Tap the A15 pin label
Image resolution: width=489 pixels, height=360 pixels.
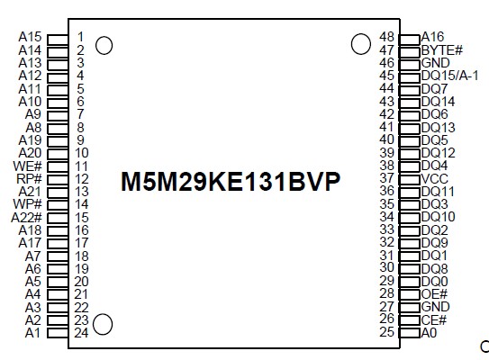(30, 37)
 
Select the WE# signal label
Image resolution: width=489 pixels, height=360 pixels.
(28, 166)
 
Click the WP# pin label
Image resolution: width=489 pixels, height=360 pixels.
(28, 205)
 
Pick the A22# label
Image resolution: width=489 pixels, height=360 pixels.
(26, 218)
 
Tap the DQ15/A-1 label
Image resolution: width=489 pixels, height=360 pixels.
(455, 76)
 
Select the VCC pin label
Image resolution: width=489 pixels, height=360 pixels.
(437, 179)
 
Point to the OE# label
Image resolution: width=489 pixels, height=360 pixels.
(435, 294)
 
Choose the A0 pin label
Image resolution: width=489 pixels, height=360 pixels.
(430, 333)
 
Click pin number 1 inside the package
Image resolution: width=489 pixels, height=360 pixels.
(81, 37)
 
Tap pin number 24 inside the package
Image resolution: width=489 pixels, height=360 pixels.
(81, 333)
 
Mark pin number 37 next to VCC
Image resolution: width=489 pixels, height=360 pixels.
(387, 179)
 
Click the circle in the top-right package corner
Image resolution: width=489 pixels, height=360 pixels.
(360, 43)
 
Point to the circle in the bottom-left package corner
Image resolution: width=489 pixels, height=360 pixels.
(104, 325)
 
